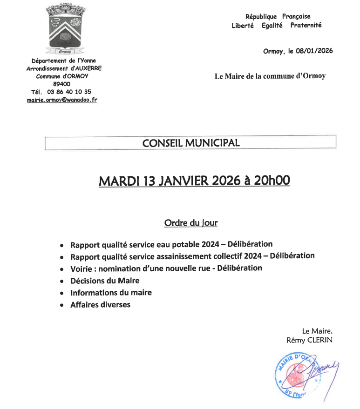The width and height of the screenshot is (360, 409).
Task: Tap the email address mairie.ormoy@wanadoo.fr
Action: (x=62, y=100)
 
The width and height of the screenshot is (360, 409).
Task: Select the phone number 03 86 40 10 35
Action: (x=69, y=92)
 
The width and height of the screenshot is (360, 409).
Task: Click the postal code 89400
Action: (x=62, y=84)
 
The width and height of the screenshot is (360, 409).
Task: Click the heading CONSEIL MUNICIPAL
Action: (x=191, y=143)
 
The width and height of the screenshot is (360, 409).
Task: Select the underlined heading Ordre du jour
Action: (x=191, y=223)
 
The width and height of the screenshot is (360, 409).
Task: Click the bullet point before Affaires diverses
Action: (x=62, y=306)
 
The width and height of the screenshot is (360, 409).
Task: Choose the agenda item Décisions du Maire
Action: (x=105, y=281)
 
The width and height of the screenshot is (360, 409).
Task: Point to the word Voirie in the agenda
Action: (x=82, y=268)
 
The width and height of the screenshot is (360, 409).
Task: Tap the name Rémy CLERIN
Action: (x=310, y=340)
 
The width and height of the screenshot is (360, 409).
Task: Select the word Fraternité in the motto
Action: (x=306, y=26)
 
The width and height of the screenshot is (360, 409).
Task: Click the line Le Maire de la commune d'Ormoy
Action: (x=270, y=76)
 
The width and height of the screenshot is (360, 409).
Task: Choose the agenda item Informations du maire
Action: (x=111, y=293)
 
